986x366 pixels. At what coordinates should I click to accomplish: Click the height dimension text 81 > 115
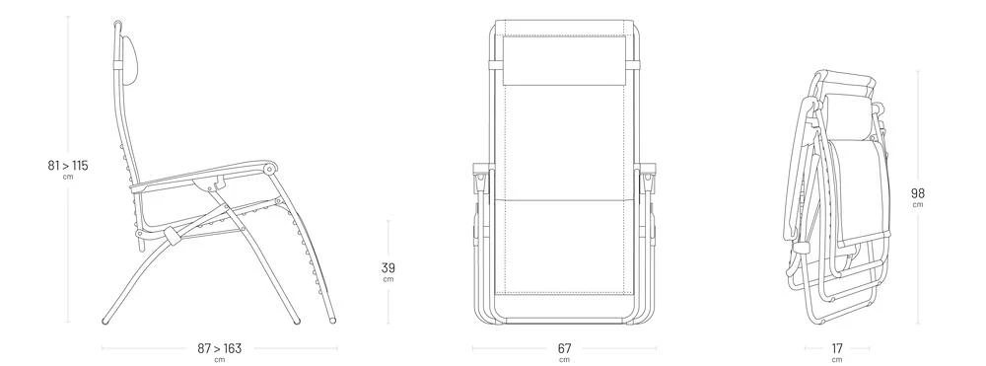pyautogui.click(x=68, y=166)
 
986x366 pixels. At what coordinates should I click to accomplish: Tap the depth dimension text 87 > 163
pyautogui.click(x=219, y=348)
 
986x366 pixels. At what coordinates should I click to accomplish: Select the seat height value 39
pyautogui.click(x=387, y=268)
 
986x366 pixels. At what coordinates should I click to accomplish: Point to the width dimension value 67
pyautogui.click(x=564, y=348)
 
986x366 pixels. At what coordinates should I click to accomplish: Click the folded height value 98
pyautogui.click(x=918, y=193)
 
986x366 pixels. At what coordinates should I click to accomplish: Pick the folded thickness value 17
pyautogui.click(x=837, y=348)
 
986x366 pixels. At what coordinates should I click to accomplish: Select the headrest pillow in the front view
pyautogui.click(x=564, y=60)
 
